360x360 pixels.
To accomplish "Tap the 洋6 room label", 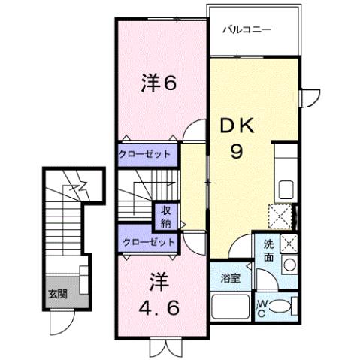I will tap(159, 84).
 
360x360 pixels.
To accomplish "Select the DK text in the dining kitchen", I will tap(237, 129).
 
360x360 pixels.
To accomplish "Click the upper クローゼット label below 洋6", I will tap(145, 154).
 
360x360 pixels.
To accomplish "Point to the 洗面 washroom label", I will tap(269, 250).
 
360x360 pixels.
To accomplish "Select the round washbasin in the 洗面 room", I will tap(288, 264).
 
